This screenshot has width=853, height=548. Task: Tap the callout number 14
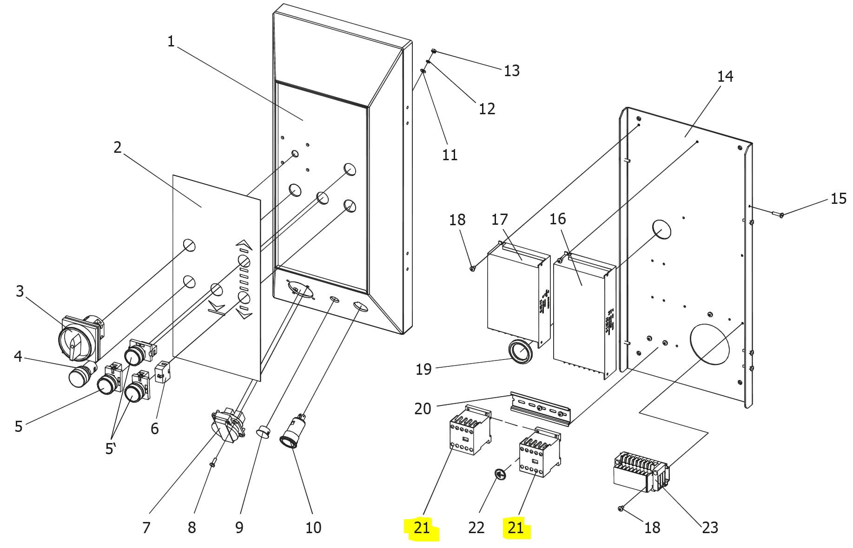[x=725, y=76]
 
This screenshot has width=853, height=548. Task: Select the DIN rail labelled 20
[x=541, y=408]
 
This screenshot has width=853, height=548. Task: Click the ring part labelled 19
[x=521, y=352]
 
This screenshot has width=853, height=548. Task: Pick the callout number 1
[x=171, y=41]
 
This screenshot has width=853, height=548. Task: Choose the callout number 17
[x=500, y=219]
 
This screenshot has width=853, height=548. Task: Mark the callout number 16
[x=558, y=219]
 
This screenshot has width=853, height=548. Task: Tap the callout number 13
[x=511, y=71]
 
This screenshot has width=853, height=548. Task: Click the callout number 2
[x=118, y=147]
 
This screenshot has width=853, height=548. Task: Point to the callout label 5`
[x=110, y=449]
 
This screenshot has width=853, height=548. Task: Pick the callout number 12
[x=487, y=109]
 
